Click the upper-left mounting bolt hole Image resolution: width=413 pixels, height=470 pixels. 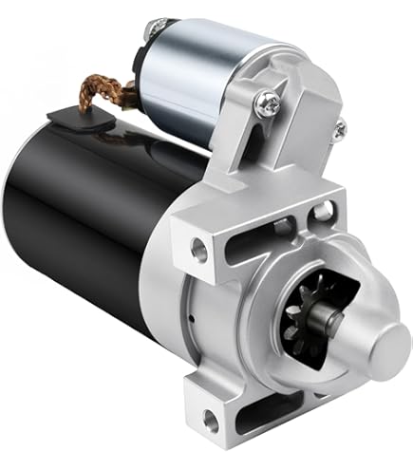[x=199, y=249]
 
